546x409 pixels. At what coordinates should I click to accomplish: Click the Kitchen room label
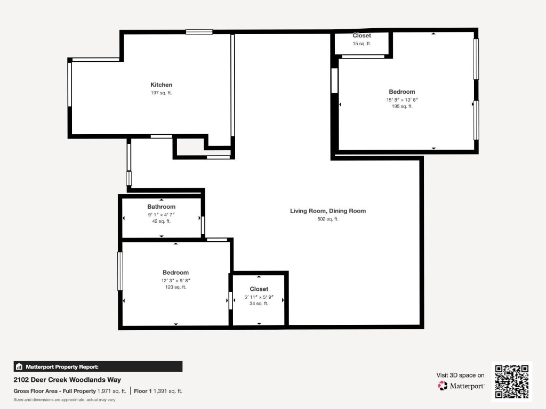click(x=161, y=85)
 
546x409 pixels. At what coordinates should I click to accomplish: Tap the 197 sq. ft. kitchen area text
click(x=161, y=93)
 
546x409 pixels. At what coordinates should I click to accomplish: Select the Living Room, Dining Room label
click(x=327, y=211)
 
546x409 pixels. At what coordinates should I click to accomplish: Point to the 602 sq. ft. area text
click(x=327, y=219)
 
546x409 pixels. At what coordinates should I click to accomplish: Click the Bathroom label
click(x=161, y=207)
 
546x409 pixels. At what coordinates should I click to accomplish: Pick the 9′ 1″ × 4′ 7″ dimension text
click(x=161, y=214)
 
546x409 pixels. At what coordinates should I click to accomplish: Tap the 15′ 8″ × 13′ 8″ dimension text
click(x=402, y=100)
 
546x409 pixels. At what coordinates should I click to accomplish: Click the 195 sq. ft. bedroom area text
click(x=402, y=107)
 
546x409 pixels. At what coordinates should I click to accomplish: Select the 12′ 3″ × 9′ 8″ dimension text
click(x=175, y=280)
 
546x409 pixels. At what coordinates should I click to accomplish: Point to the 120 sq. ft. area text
click(x=175, y=287)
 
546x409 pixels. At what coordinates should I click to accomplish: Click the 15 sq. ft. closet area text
click(x=362, y=44)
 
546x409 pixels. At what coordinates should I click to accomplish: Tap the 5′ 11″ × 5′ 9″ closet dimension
click(x=259, y=297)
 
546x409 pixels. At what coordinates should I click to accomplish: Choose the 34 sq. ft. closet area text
click(x=259, y=304)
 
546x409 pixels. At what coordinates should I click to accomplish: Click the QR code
click(x=511, y=381)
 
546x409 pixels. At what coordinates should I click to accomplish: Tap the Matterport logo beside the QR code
click(x=461, y=386)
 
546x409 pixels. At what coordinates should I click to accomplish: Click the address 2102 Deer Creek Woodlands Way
click(x=67, y=380)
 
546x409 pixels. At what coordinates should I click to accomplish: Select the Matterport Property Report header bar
click(x=98, y=366)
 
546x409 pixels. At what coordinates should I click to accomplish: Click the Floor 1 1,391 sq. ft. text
click(x=158, y=391)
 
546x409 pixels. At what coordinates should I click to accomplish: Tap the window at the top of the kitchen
click(x=199, y=32)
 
